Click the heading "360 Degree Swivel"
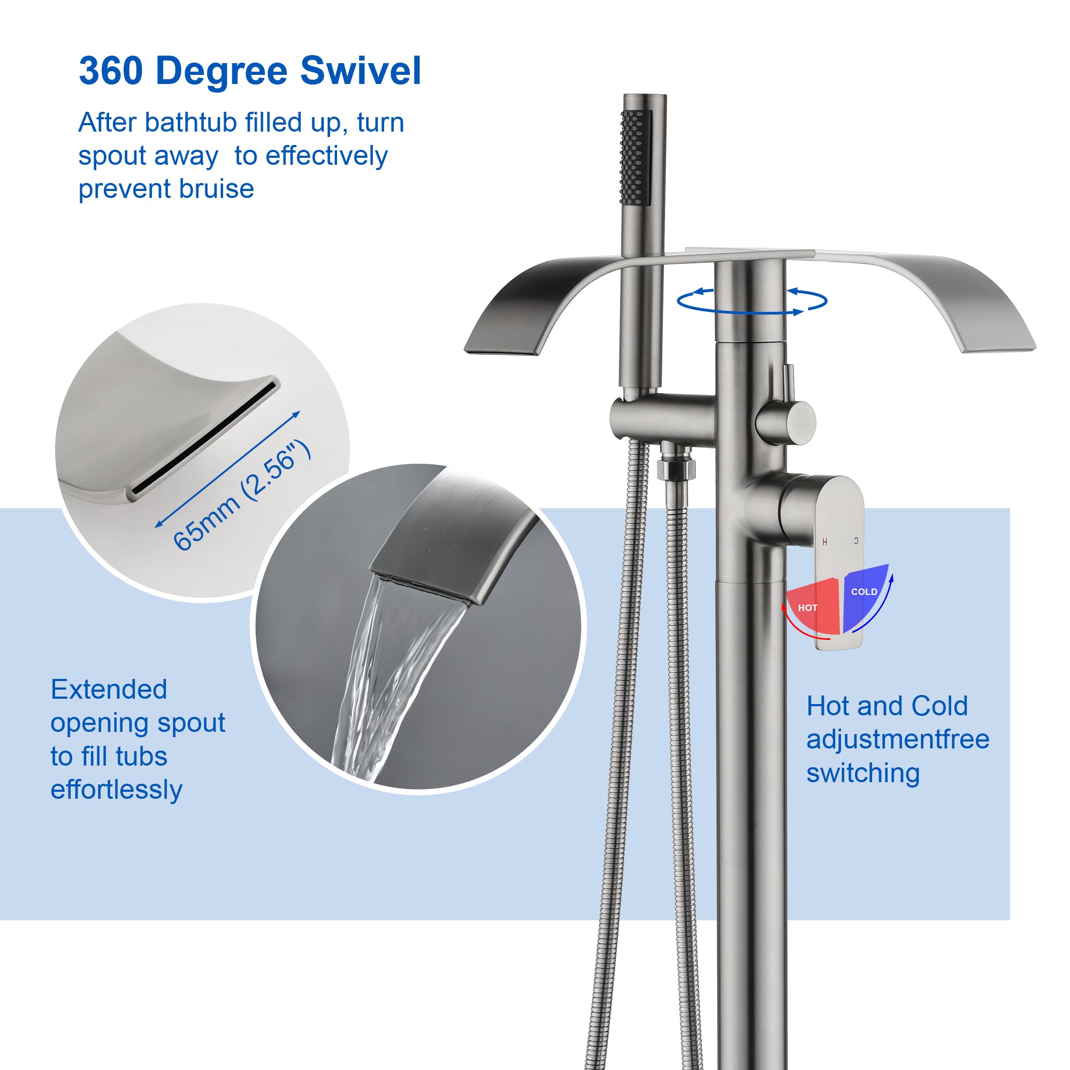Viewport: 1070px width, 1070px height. click(x=250, y=71)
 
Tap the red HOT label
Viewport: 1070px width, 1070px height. click(x=807, y=608)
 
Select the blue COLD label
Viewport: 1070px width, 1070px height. click(x=864, y=592)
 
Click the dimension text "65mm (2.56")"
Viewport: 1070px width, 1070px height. click(x=242, y=494)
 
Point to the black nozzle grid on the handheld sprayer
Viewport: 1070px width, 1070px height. click(x=632, y=157)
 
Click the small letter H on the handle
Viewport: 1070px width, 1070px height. click(x=824, y=541)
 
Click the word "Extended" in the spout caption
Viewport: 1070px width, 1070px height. click(x=109, y=690)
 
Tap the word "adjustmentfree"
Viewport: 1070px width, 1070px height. click(x=897, y=739)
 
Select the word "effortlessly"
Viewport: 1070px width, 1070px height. click(x=116, y=790)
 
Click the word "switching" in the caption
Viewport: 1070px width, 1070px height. click(x=863, y=773)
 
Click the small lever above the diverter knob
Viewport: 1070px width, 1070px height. click(x=789, y=383)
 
